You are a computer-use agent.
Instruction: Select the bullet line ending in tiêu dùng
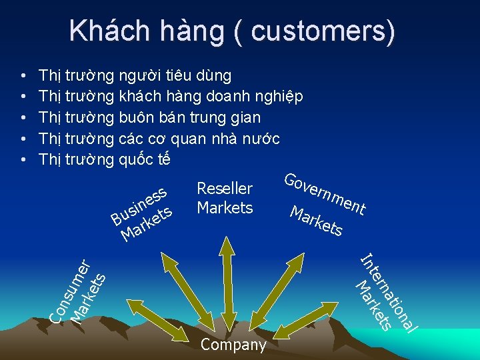[135, 75]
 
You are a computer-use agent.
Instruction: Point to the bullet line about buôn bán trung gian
[150, 117]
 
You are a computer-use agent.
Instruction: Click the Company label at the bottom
[233, 345]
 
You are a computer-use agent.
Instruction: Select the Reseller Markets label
[225, 198]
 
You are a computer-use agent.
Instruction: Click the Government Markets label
[323, 203]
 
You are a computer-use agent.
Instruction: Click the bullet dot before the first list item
[23, 75]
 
